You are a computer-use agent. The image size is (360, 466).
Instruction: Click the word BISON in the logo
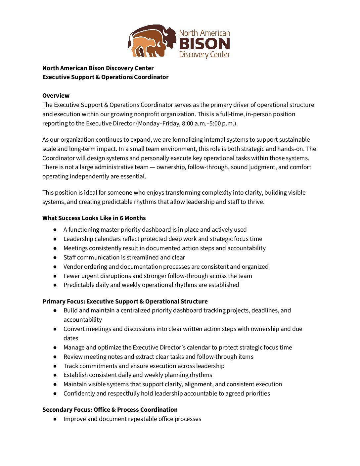(x=204, y=44)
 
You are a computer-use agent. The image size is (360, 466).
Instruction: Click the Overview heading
(x=56, y=96)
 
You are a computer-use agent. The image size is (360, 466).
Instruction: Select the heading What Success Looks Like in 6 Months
(x=94, y=218)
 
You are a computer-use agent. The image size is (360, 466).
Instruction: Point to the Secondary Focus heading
(x=110, y=410)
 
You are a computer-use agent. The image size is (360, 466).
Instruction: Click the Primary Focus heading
(x=125, y=302)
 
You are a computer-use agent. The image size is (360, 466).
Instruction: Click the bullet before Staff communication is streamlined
(x=55, y=257)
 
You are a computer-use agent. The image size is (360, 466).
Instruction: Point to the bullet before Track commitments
(x=55, y=366)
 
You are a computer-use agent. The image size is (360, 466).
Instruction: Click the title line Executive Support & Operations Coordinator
(x=106, y=77)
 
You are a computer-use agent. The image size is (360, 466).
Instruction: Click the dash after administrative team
(x=152, y=167)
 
